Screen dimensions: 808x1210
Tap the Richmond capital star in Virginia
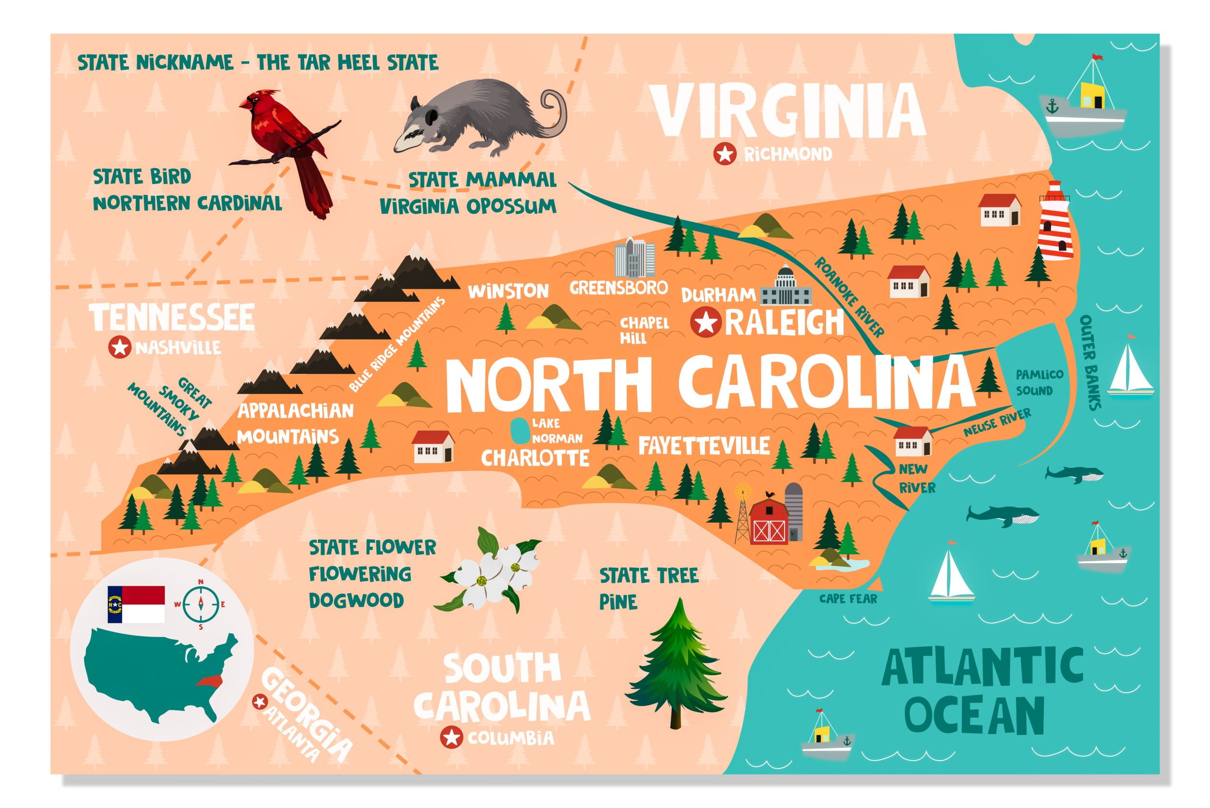point(724,154)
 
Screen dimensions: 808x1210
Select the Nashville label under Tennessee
point(178,348)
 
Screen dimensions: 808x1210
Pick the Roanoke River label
point(849,298)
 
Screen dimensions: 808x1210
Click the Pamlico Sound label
point(1039,383)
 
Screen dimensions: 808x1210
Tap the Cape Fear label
point(848,599)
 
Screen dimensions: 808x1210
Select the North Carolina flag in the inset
point(136,604)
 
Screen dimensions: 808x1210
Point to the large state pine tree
point(676,665)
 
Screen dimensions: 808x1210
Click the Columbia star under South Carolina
point(451,738)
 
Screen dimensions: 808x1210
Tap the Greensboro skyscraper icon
point(634,257)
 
